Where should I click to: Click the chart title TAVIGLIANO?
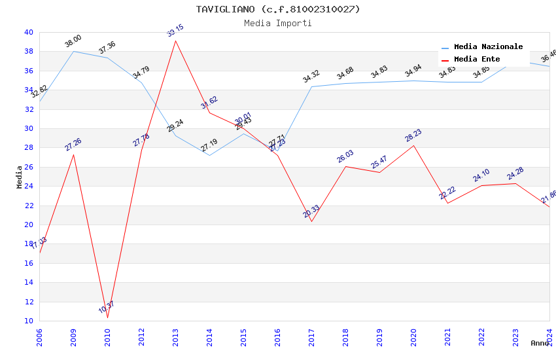coord(277,9)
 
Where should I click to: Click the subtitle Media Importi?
coord(277,23)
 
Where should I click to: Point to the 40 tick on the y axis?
coord(28,32)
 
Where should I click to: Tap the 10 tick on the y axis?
coord(28,321)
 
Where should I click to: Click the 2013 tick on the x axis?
coord(175,338)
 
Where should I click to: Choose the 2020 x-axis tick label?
coord(413,338)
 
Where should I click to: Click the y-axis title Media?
coord(20,177)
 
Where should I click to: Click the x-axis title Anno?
coord(540,343)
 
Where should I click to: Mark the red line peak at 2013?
coord(175,41)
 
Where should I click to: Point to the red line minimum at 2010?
coord(107,317)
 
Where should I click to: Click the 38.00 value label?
coord(73,41)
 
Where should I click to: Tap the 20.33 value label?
coord(311,211)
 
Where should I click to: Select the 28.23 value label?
coord(413,135)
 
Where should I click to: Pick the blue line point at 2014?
coord(209,155)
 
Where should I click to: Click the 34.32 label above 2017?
coord(311,77)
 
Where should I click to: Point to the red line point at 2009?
coord(73,154)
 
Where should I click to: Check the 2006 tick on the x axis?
coord(39,338)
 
